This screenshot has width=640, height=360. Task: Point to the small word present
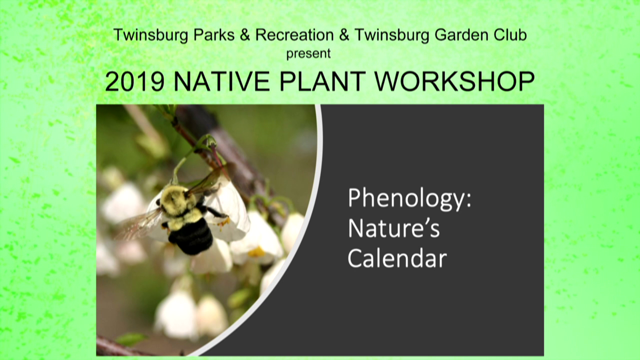pyautogui.click(x=308, y=53)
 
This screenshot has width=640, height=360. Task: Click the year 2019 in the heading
pyautogui.click(x=134, y=81)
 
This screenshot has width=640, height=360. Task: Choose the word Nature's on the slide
pyautogui.click(x=393, y=228)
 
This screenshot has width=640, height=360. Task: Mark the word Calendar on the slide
pyautogui.click(x=397, y=258)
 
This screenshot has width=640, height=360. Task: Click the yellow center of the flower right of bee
pyautogui.click(x=256, y=251)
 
